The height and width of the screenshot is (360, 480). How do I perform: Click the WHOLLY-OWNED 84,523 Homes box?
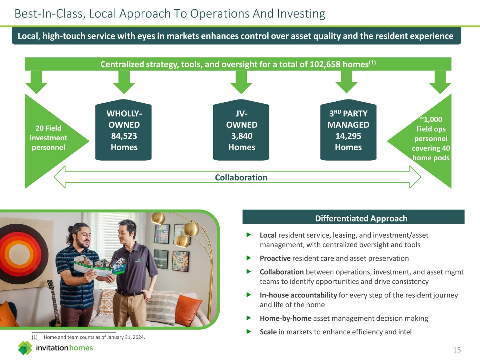click(123, 131)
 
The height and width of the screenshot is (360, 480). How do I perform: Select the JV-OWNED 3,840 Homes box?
click(241, 131)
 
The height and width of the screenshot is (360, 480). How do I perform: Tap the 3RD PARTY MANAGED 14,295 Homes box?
click(348, 131)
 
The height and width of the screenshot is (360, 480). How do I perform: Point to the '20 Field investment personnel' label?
click(48, 138)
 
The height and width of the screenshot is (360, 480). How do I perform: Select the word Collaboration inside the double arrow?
click(241, 178)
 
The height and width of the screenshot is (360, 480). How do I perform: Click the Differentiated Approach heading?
click(361, 218)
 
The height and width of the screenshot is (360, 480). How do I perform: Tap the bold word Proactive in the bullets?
click(275, 258)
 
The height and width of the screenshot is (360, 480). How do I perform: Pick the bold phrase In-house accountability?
click(298, 295)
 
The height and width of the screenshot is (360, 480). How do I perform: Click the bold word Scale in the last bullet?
click(268, 332)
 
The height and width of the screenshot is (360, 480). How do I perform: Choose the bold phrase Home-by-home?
click(286, 318)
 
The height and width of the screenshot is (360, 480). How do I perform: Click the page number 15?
click(456, 350)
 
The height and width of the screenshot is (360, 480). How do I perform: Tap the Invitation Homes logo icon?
click(25, 348)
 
